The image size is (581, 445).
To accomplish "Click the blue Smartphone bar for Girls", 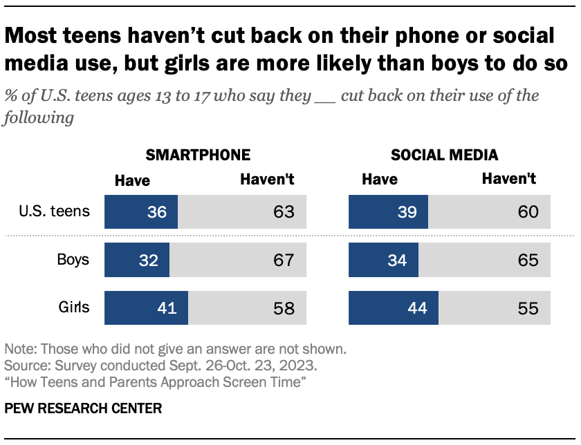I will (x=145, y=307).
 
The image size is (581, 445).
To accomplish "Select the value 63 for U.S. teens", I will (x=284, y=211).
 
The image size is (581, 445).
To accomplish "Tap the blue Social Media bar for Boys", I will (x=383, y=260).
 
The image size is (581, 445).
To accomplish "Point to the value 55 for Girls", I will (x=528, y=308).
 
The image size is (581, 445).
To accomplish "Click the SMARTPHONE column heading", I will (x=198, y=155).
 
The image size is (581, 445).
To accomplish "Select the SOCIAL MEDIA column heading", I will (x=444, y=155).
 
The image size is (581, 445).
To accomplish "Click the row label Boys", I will (x=73, y=260).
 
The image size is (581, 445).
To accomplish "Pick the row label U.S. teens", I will (x=55, y=211).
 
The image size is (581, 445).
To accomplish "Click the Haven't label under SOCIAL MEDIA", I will (x=508, y=180).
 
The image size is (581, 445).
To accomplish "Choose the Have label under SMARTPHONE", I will (x=132, y=180).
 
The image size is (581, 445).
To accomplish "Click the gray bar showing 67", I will (x=235, y=260).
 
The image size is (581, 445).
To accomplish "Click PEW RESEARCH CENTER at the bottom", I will (x=83, y=408).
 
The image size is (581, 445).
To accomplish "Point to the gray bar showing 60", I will (x=488, y=211).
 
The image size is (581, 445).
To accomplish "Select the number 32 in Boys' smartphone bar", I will (x=148, y=260).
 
